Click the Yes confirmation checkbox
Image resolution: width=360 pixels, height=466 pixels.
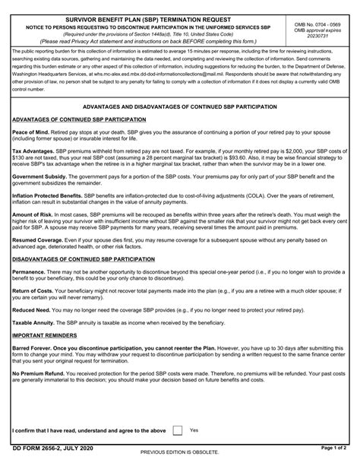[177, 430]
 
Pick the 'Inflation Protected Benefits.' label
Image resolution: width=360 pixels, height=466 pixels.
[47, 195]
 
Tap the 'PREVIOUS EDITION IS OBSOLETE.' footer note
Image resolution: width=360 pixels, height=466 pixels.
[179, 459]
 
